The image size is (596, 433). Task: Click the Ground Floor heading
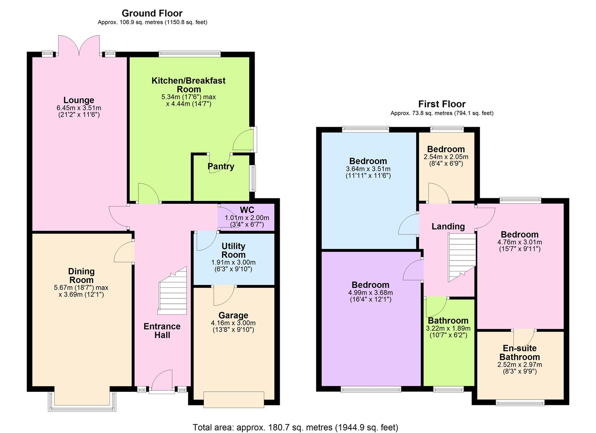[152, 13]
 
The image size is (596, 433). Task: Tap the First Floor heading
[442, 104]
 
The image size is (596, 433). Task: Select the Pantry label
[221, 166]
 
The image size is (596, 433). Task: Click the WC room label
[247, 210]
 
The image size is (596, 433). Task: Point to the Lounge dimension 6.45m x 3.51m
[79, 108]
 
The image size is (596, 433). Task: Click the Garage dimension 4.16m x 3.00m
[233, 323]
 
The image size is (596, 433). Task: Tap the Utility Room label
[233, 250]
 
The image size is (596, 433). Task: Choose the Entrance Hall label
[162, 331]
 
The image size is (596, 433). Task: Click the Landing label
[448, 227]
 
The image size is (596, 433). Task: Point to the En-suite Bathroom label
[520, 352]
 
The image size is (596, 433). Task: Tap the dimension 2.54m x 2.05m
[446, 157]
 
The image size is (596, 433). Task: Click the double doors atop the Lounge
[79, 45]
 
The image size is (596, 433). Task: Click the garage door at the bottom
[234, 399]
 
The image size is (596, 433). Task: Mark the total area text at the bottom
[295, 427]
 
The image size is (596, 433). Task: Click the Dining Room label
[81, 276]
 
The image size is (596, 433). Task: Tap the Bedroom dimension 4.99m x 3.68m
[370, 293]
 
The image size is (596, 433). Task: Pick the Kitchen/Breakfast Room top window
[190, 53]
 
